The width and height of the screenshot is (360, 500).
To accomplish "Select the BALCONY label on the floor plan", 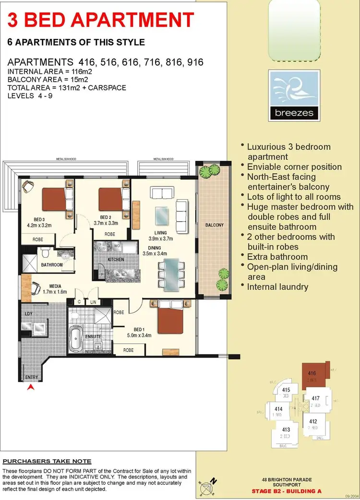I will [214, 225].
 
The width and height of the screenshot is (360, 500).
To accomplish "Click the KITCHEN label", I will [116, 259].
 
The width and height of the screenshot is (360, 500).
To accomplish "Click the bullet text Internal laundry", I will [277, 287].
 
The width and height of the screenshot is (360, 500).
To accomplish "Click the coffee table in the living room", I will [162, 214].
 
